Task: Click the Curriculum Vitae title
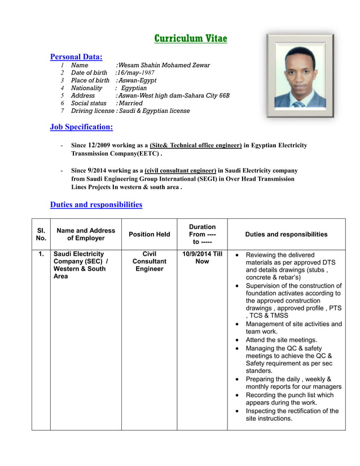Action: tap(191, 38)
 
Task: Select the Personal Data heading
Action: tap(76, 56)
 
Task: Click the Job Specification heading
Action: tap(81, 127)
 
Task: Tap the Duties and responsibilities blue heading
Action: tap(96, 204)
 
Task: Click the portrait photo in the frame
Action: tap(300, 76)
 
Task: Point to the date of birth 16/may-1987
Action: tap(135, 73)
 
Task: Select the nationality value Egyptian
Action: tap(134, 88)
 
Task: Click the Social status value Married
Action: tap(130, 103)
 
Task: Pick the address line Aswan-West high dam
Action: tap(173, 96)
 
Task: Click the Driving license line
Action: tap(130, 111)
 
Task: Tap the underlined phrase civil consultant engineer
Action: tap(181, 170)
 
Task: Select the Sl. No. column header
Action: tap(41, 234)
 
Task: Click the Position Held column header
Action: tap(149, 234)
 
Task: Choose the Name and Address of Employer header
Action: tap(86, 234)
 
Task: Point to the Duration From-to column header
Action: tap(202, 234)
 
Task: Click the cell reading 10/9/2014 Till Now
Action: tap(202, 258)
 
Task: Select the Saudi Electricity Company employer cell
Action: tap(79, 265)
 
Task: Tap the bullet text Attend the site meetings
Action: tap(281, 340)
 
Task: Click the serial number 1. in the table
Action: tap(41, 254)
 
